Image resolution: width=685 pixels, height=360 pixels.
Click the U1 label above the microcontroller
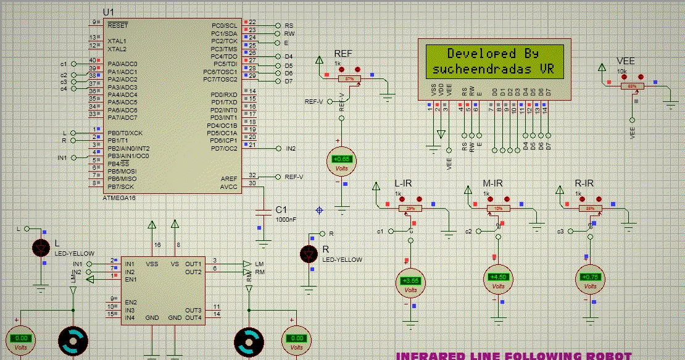tap(109, 12)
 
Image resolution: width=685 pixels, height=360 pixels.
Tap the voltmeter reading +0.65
tap(341, 161)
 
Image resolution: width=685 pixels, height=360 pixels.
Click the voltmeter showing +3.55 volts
tap(410, 282)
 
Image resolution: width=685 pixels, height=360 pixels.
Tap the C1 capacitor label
tap(281, 210)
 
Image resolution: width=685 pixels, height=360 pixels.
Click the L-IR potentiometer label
tap(403, 183)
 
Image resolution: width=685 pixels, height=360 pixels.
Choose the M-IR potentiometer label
tap(492, 183)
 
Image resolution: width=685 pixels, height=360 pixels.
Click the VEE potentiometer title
tap(626, 61)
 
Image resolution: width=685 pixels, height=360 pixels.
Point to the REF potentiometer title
tap(343, 54)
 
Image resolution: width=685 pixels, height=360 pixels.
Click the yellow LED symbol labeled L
tap(41, 248)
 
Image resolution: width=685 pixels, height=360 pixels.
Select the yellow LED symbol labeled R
tap(309, 253)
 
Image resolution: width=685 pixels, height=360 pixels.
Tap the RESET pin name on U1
tap(117, 25)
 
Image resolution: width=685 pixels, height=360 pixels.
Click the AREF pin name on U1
tap(228, 178)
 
